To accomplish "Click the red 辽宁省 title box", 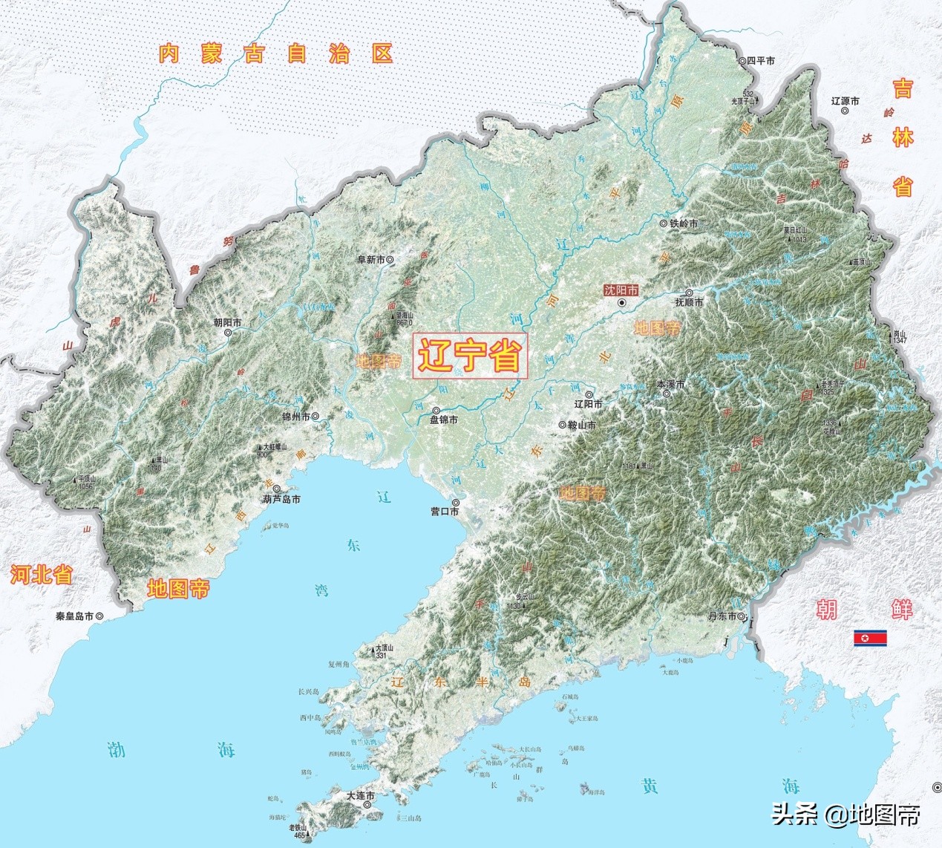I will point(469,356).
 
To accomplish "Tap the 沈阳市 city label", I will point(621,291).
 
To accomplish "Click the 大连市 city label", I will point(360,795).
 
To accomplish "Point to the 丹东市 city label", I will point(722,617).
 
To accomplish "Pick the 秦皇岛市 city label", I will point(74,616).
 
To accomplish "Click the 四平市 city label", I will point(760,61).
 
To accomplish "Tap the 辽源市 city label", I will point(845,100).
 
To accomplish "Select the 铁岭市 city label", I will point(684,223).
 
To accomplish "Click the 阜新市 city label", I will point(371,260).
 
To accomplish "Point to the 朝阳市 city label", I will point(227,322).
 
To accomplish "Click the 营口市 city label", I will point(445,512).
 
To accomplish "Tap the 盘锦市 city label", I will point(444,420).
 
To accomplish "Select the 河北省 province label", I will point(41,574).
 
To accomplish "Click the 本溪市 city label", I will point(670,384).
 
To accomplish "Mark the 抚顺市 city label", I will point(689,302).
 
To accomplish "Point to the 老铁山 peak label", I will point(298,827).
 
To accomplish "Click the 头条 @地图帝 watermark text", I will point(845,815).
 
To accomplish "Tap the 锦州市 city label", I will point(295,417).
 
